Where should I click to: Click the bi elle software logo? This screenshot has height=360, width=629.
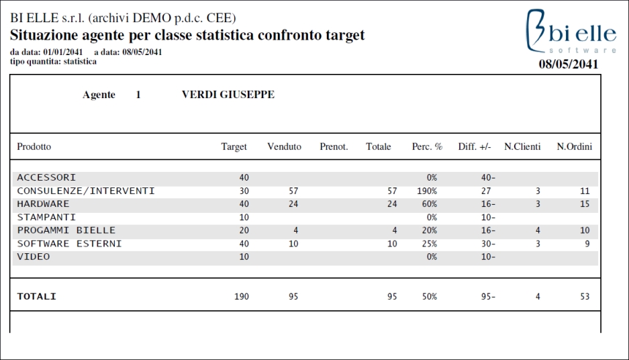[x=571, y=32]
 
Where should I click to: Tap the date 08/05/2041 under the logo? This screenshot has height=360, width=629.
[x=568, y=64]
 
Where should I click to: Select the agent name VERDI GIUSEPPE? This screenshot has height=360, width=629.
[x=228, y=95]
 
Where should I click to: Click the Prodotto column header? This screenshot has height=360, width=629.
[x=34, y=146]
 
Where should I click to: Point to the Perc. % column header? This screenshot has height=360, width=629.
[x=427, y=146]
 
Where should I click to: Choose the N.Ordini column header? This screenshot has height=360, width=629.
[x=574, y=146]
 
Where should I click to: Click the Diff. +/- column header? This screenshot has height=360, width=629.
[x=475, y=146]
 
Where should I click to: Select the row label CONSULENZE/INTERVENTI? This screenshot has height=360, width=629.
[x=86, y=191]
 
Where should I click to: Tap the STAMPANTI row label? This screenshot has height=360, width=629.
[x=46, y=217]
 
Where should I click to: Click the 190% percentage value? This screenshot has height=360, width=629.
[x=427, y=191]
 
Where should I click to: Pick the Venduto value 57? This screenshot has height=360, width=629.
[x=293, y=191]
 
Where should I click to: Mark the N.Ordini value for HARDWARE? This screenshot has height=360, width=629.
[x=585, y=204]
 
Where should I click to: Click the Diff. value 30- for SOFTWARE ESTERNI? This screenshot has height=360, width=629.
[x=488, y=244]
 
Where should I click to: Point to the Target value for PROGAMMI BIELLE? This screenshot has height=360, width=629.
[x=244, y=230]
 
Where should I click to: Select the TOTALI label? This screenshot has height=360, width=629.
[x=36, y=297]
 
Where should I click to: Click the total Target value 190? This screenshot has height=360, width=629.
[x=242, y=297]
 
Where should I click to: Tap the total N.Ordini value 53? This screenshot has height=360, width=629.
[x=585, y=297]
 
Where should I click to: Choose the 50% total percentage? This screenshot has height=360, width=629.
[x=429, y=297]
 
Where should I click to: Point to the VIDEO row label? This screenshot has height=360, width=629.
[x=34, y=257]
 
